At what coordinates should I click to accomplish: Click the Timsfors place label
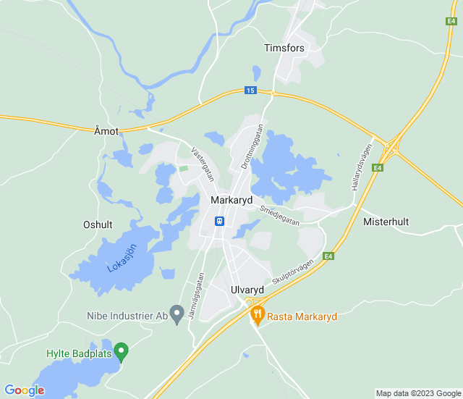pos(284,47)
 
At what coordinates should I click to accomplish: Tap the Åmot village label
pos(106,131)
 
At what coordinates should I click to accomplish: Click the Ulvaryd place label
pos(247,290)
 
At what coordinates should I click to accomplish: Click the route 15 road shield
pos(250,91)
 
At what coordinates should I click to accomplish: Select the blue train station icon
pos(219,221)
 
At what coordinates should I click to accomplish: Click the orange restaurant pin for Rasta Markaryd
pos(256,315)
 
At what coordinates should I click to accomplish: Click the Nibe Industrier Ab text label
pos(127,316)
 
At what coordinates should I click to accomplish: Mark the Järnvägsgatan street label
pos(197,297)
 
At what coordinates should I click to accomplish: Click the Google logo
pos(24,390)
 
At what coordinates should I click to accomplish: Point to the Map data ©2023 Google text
pos(417,393)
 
